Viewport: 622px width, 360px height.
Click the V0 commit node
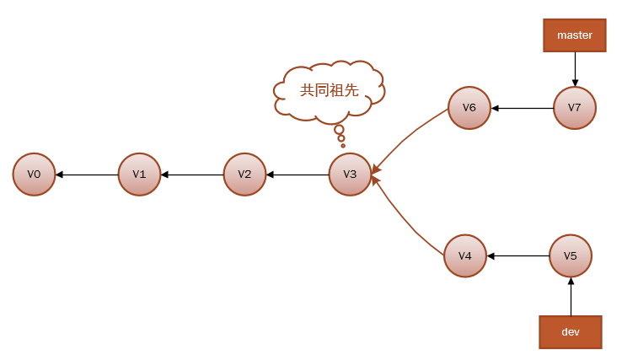(34, 175)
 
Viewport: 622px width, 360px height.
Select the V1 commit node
(139, 175)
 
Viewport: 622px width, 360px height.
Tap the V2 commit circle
(244, 175)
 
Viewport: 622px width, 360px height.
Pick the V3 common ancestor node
(350, 175)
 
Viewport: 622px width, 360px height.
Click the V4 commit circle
(465, 255)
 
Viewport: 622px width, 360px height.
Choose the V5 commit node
(571, 255)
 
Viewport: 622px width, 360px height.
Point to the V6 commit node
(469, 108)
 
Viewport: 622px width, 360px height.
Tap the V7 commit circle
(575, 108)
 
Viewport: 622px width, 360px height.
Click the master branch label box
(575, 35)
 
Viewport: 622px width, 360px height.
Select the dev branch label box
(571, 331)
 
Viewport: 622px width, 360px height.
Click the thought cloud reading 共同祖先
(330, 89)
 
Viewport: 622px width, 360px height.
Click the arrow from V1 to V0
(87, 175)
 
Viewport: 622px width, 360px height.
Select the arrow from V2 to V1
(192, 175)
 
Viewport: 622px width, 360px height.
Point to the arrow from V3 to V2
(298, 175)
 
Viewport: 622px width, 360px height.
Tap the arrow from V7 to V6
(523, 108)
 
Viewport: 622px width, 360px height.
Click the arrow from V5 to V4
(518, 255)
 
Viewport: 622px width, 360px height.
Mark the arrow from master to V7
(575, 69)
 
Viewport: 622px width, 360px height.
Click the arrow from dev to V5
(571, 296)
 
